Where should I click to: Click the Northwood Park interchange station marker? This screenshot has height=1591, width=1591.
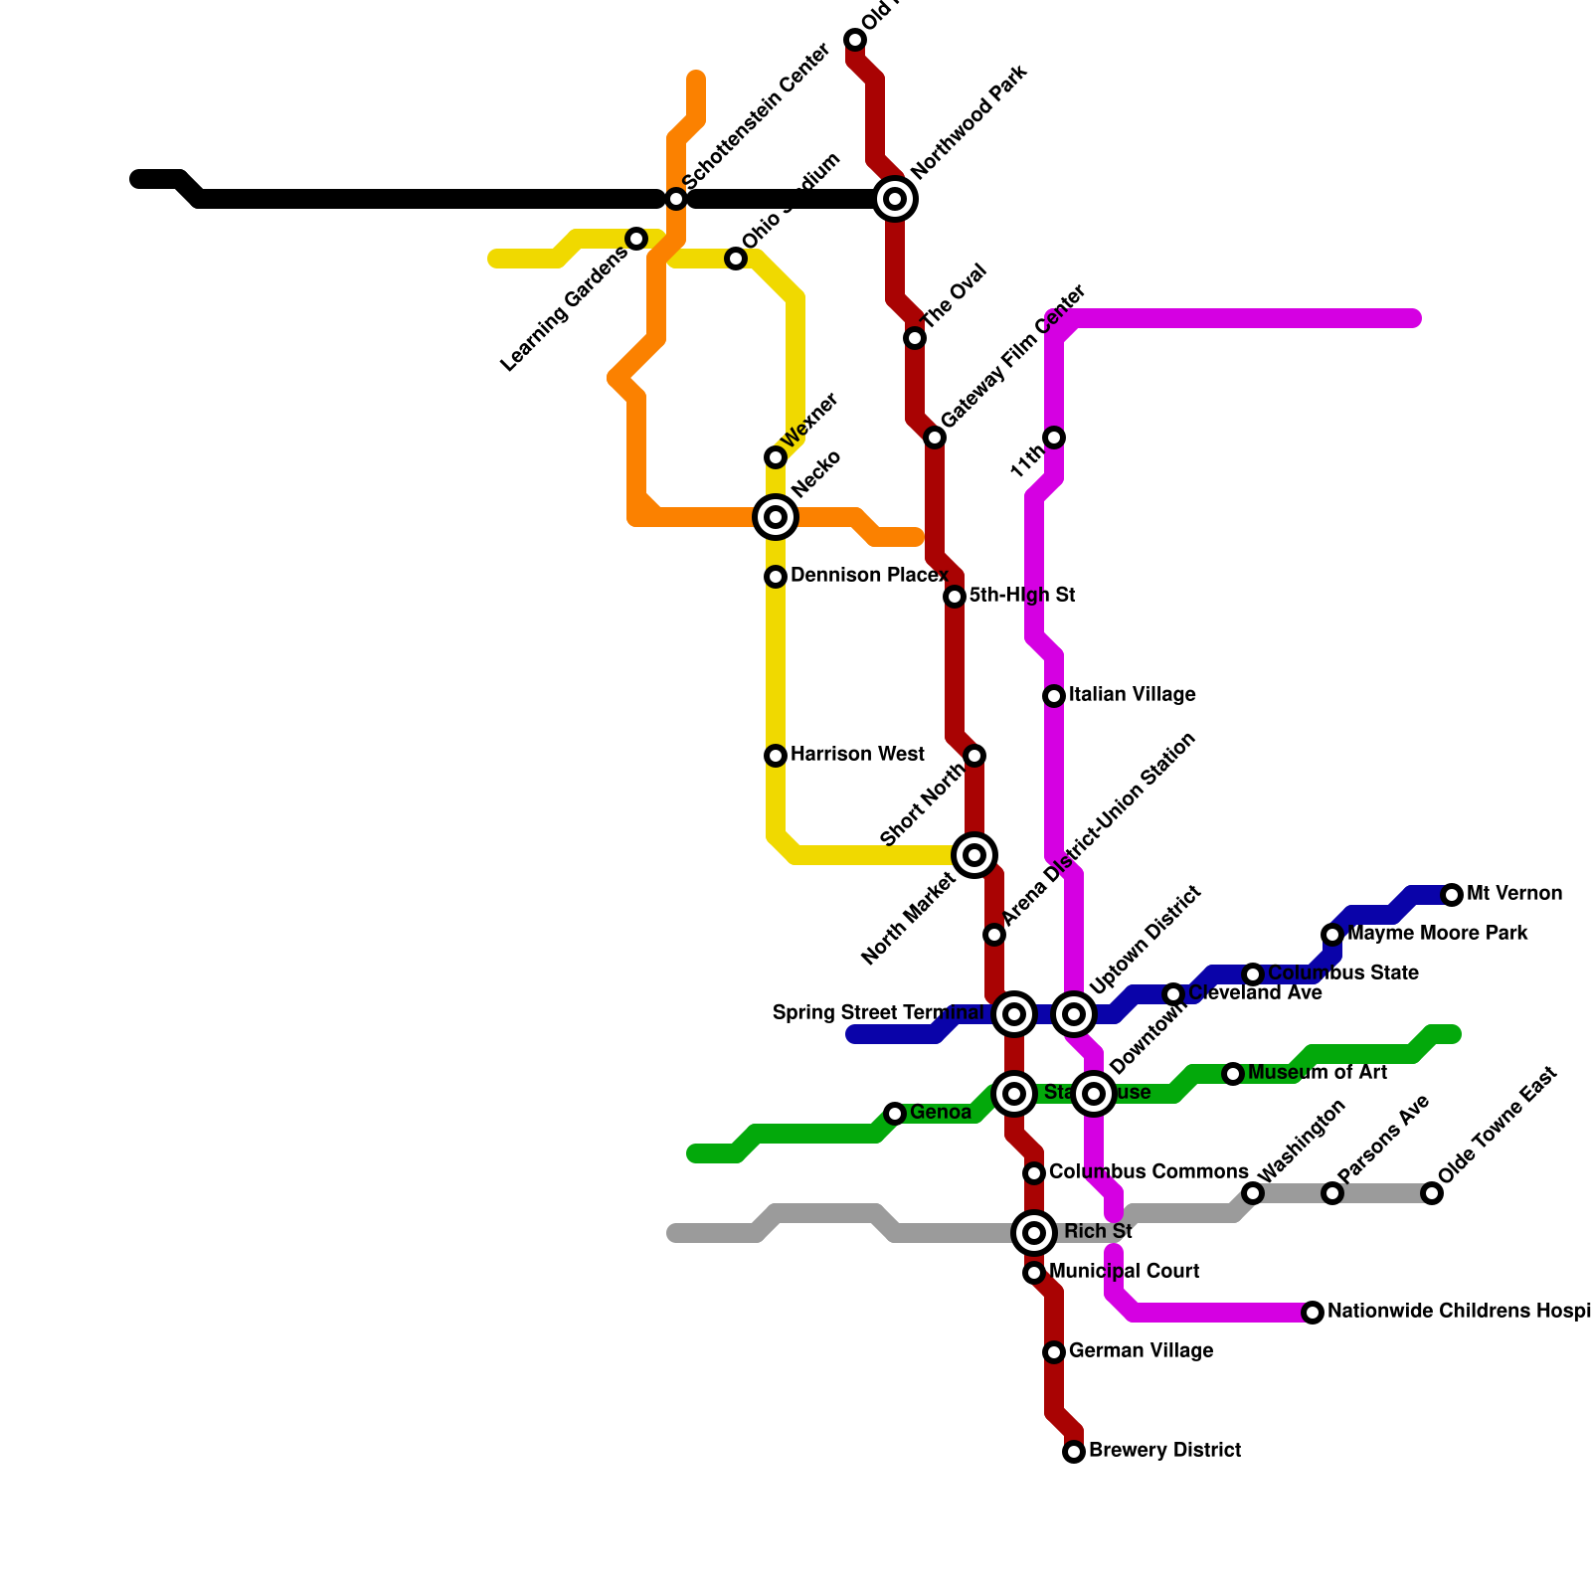coord(895,199)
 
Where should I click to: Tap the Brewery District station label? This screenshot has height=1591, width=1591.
coord(1164,1451)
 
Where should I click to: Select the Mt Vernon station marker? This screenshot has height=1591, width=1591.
coord(1452,895)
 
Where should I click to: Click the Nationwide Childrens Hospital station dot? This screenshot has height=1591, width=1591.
coord(1313,1313)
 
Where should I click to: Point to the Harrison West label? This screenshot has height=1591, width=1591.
coord(857,755)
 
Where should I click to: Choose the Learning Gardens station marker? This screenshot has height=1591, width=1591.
coord(636,239)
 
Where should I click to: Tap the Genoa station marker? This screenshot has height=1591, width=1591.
coord(895,1114)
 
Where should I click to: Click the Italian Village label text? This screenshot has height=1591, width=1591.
coord(1132,695)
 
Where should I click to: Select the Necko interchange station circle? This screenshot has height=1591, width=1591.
coord(776,517)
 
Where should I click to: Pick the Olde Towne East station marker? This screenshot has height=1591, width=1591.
coord(1432,1193)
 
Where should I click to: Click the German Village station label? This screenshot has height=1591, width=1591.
coord(1141,1351)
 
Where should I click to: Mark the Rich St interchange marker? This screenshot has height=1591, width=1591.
coord(1034,1233)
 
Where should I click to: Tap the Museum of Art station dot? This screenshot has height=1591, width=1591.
coord(1233,1074)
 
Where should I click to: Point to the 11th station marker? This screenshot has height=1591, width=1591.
coord(1054,438)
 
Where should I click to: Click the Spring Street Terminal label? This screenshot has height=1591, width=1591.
coord(878,1013)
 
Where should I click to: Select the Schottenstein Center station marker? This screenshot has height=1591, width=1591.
coord(676,199)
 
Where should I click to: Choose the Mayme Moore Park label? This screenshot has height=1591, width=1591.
coord(1437,934)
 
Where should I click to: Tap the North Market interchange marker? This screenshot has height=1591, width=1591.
coord(974,855)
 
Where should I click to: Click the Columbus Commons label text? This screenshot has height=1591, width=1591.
coord(1149,1172)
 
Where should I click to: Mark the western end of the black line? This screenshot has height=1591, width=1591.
coord(138,179)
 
